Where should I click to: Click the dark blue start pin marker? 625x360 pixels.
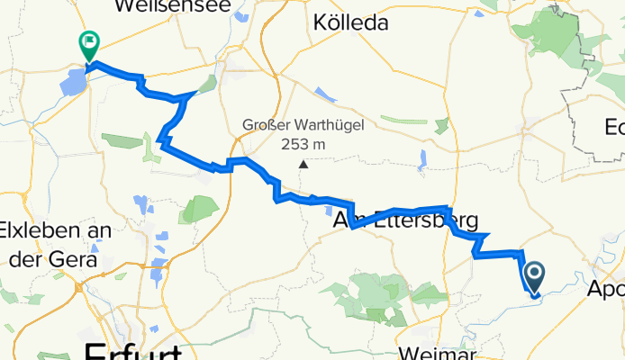coord(533,276)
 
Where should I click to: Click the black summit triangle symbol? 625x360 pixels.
coord(304,165)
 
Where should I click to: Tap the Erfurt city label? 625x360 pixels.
coord(131,351)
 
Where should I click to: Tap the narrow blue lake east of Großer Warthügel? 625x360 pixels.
coord(422,160)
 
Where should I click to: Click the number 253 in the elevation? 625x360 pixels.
coord(290,144)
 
